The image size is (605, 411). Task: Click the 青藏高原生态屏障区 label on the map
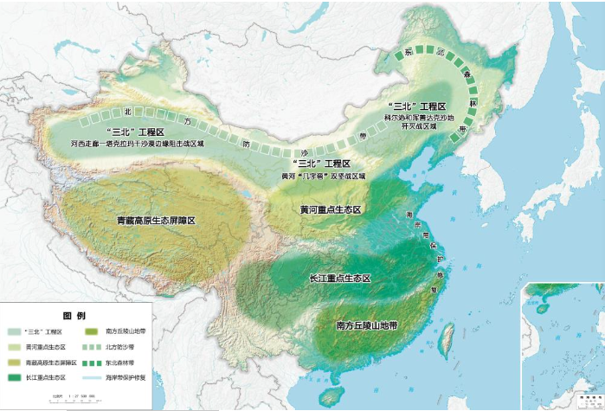(156, 221)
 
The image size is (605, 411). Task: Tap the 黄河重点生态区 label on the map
(329, 209)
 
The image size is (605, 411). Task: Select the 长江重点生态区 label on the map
(339, 278)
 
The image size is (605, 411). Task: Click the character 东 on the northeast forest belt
(408, 53)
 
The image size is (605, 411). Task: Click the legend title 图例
(73, 315)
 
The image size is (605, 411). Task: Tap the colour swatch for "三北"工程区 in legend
(16, 331)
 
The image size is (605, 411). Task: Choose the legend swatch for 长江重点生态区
(16, 376)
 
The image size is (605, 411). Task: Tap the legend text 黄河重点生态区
(43, 347)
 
